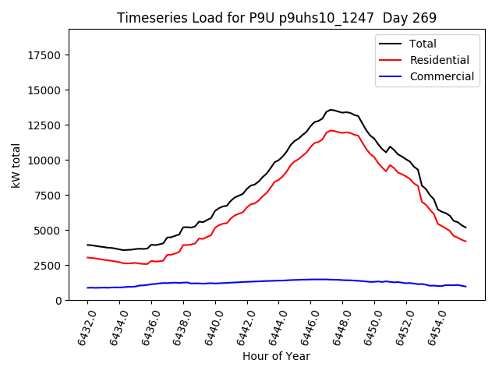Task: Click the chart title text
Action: click(x=277, y=17)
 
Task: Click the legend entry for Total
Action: click(x=423, y=44)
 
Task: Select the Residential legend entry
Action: click(x=439, y=60)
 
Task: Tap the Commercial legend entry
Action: click(x=441, y=76)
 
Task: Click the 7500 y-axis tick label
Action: click(x=49, y=196)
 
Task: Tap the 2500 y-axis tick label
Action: click(x=49, y=266)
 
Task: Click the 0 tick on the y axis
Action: click(x=59, y=301)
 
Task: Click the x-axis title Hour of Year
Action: click(x=276, y=357)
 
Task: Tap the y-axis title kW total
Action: click(x=16, y=164)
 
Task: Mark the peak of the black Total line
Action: click(x=331, y=110)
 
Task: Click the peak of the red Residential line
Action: click(x=331, y=130)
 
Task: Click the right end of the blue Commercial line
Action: click(x=466, y=287)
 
